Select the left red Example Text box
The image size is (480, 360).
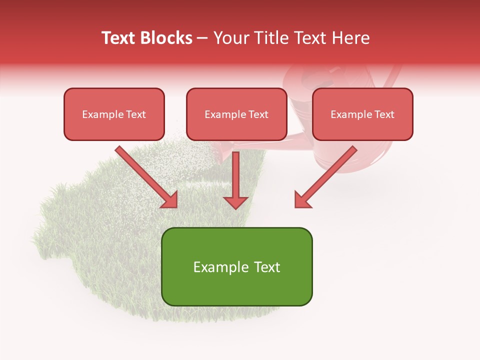(114, 114)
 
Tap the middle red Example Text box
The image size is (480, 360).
(236, 114)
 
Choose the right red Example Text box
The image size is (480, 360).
(362, 114)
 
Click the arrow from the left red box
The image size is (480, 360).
(145, 175)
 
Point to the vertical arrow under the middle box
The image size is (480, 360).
(235, 175)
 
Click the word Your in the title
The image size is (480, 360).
(231, 38)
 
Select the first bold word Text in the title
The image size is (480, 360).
(120, 38)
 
